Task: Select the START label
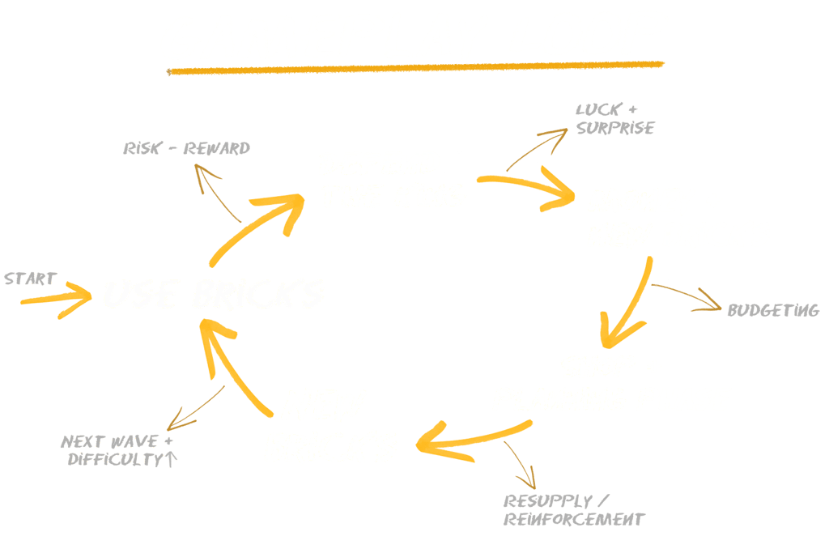tap(30, 279)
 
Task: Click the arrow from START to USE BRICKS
tap(57, 299)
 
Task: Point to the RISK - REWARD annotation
tap(187, 148)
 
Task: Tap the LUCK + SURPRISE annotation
tap(614, 118)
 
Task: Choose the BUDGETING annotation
tap(772, 310)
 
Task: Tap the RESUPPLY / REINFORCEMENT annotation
tap(573, 510)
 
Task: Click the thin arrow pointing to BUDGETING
tap(688, 296)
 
